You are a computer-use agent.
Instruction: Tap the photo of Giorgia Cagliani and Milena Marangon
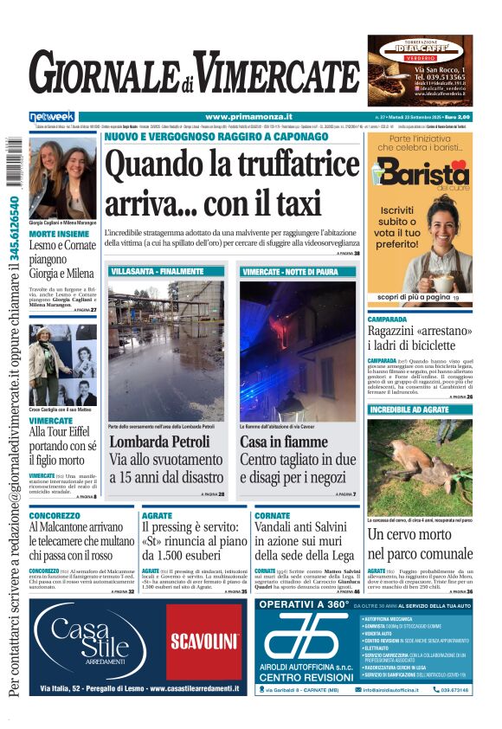[62, 178]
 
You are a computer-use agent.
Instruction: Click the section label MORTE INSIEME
[59, 234]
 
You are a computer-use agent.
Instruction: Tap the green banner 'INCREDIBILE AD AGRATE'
[409, 410]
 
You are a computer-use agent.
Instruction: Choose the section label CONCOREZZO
[55, 516]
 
